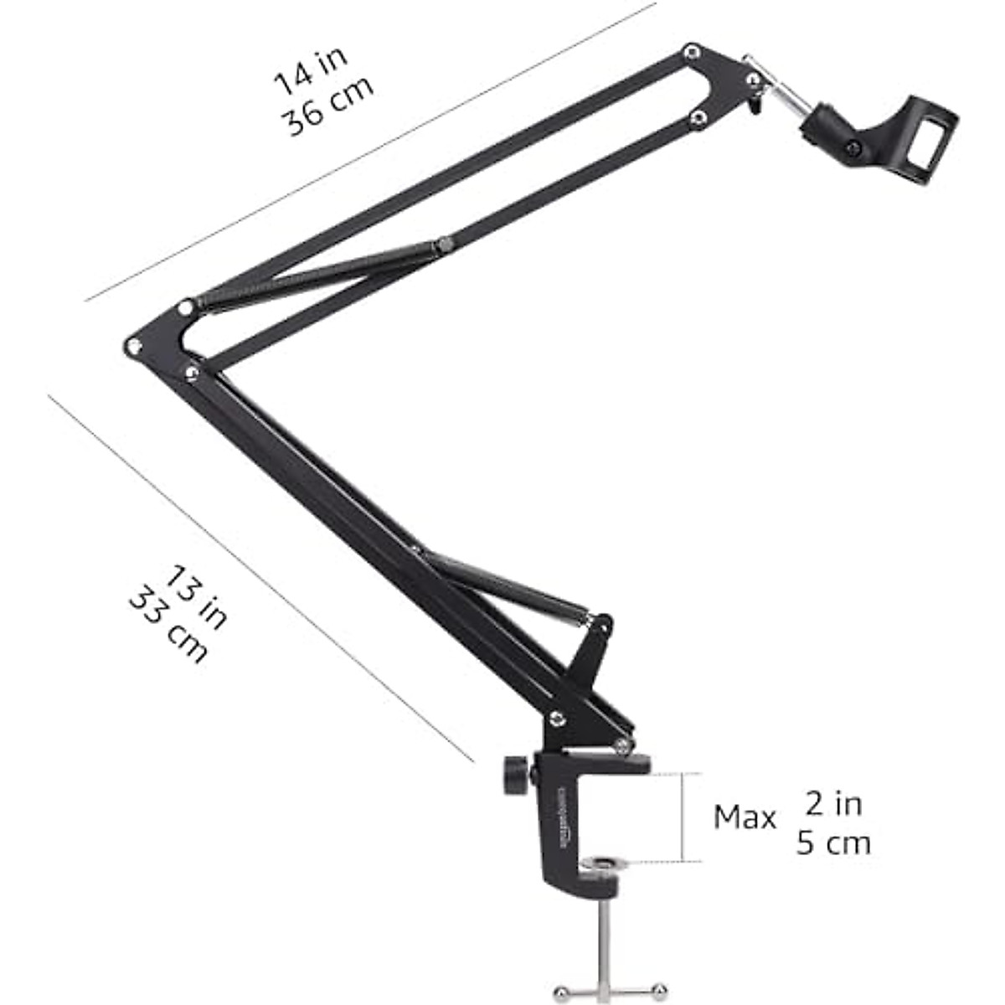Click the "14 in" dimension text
click(310, 70)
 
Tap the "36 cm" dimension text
click(327, 110)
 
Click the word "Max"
click(745, 817)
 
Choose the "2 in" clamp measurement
click(833, 804)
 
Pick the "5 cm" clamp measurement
click(833, 843)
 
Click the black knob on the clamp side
click(515, 775)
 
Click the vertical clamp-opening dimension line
click(684, 817)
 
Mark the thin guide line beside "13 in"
click(260, 578)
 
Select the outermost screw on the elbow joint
click(131, 346)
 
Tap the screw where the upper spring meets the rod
click(444, 245)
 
